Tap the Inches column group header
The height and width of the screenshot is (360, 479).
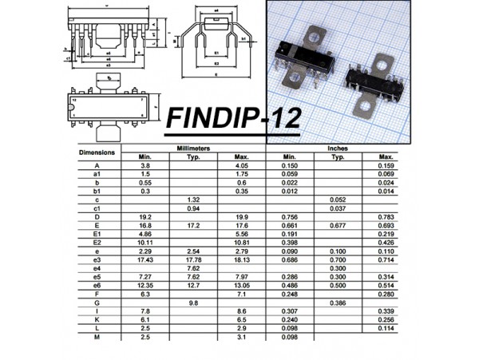[x=337, y=148]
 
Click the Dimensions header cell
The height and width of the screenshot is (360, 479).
[x=97, y=152]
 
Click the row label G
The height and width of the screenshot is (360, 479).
[x=97, y=303]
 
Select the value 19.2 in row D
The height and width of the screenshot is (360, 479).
[x=144, y=216]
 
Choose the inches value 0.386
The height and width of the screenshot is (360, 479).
[x=337, y=303]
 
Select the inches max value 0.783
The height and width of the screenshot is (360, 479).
[x=386, y=216]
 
